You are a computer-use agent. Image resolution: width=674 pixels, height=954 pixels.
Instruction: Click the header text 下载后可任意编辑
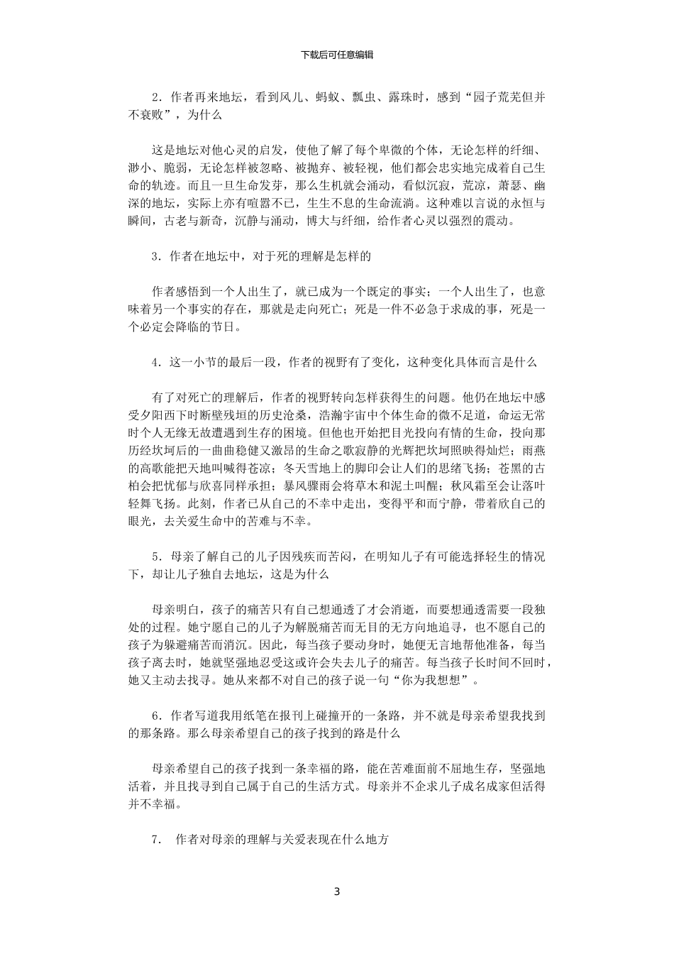point(337,55)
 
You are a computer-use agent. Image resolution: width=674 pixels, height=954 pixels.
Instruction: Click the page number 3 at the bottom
point(337,892)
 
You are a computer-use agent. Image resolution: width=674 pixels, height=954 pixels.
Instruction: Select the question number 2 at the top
point(155,97)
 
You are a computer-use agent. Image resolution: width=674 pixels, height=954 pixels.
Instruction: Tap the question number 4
point(155,362)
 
